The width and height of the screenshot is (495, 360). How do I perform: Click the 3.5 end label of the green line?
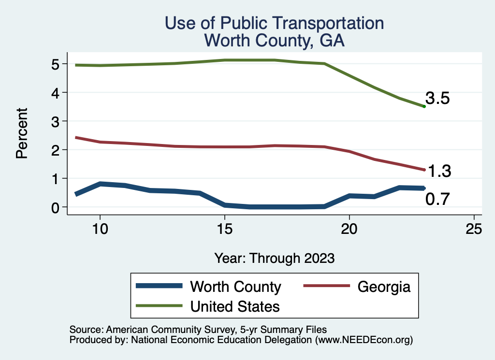437,99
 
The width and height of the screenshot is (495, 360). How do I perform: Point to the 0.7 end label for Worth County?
437,199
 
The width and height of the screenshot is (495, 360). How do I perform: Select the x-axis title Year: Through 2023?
275,258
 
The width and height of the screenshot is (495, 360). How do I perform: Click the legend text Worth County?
235,287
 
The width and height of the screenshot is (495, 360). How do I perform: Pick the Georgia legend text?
384,287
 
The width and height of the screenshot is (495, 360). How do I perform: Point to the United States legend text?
235,306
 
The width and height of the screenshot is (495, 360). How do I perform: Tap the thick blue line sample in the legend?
160,286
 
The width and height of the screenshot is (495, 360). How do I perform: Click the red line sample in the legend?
326,286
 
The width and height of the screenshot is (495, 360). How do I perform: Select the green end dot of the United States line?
424,106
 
